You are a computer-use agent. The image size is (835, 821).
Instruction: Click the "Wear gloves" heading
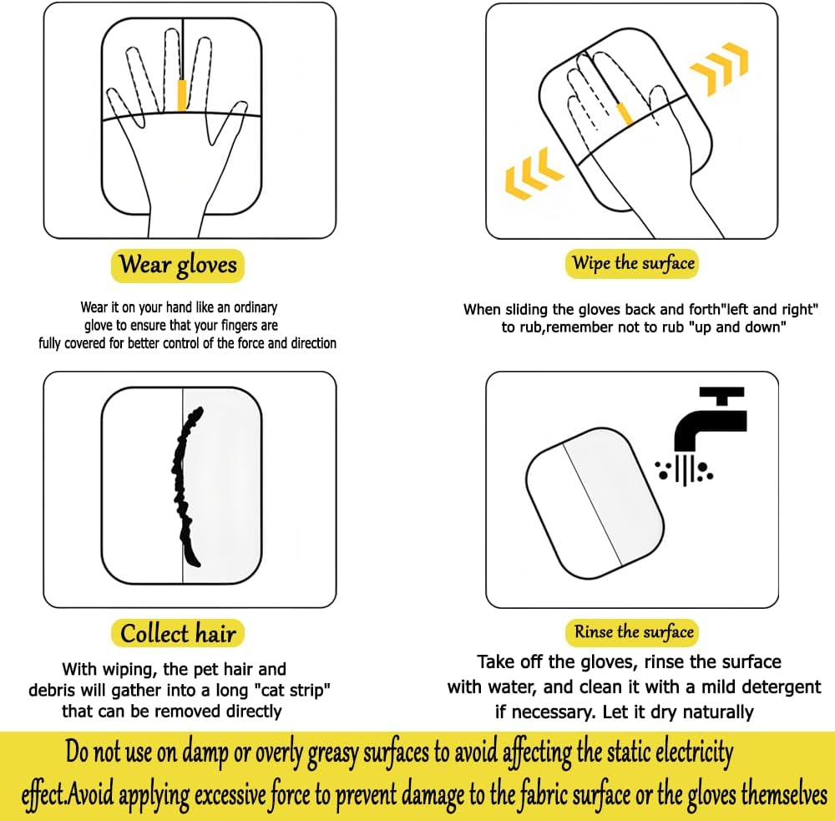(178, 265)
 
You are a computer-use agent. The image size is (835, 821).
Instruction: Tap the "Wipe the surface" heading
(632, 263)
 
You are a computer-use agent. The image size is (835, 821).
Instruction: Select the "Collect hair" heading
(178, 633)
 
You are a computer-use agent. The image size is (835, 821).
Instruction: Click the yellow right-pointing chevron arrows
(719, 68)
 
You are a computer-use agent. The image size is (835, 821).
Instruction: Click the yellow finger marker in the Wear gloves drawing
(181, 95)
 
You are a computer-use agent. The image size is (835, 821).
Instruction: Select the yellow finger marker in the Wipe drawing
(624, 114)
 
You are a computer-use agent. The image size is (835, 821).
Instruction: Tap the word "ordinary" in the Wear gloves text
(256, 307)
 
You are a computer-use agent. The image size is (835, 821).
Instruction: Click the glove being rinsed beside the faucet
(595, 503)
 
